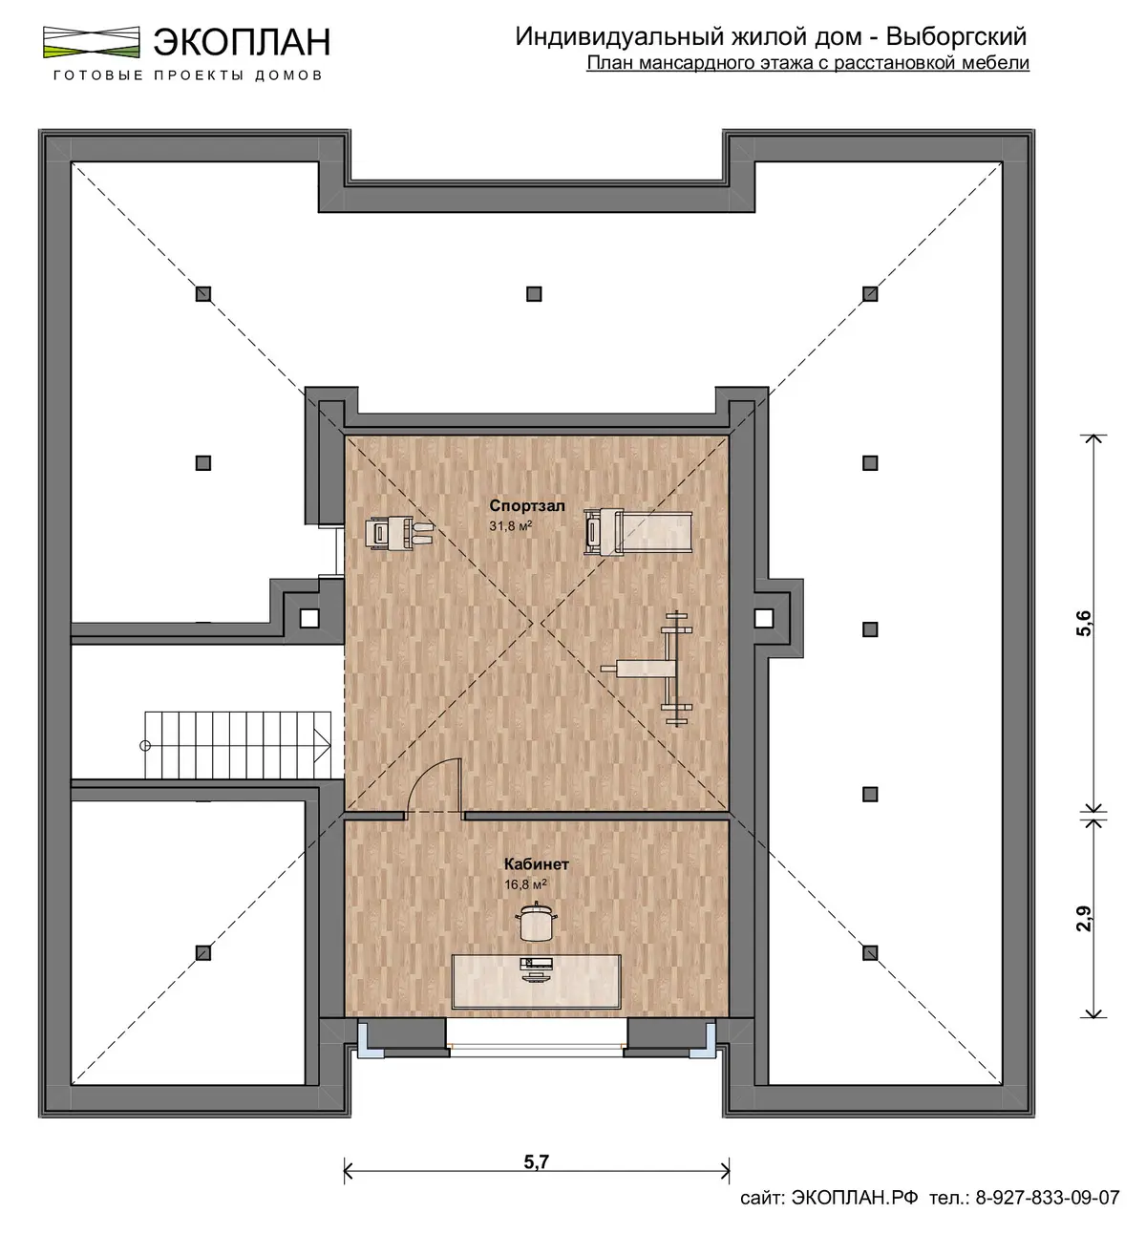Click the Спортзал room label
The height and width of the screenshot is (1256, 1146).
point(526,505)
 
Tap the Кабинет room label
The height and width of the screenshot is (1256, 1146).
point(536,864)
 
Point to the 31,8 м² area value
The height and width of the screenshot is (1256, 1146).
point(510,525)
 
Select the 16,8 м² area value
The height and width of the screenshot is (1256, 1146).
point(525,884)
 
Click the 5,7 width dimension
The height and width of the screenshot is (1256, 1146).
point(536,1161)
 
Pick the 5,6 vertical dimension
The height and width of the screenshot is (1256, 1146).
point(1084,623)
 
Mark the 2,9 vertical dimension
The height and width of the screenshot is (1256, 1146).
point(1084,919)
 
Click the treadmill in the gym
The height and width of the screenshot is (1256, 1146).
point(638,532)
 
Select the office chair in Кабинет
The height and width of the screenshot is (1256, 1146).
point(536,923)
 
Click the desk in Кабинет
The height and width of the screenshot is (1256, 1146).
point(536,981)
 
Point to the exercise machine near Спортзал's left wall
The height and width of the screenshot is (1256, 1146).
point(399,534)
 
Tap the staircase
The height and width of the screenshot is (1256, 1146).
point(238,744)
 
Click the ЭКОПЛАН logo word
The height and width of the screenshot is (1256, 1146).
point(242,43)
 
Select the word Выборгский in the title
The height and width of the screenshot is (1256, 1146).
point(956,37)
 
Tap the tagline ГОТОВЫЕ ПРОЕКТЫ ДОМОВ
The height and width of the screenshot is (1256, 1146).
point(187,75)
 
